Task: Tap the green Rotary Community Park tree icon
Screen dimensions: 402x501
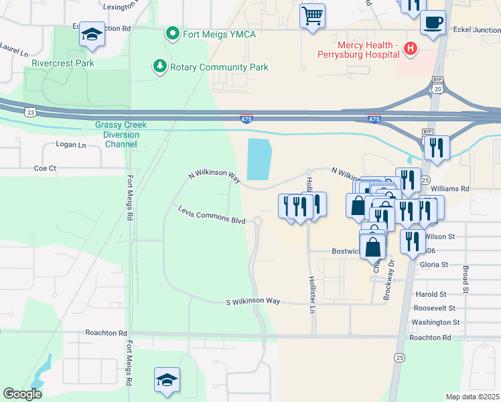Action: click(x=159, y=67)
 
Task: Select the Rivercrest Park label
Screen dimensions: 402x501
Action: click(x=62, y=63)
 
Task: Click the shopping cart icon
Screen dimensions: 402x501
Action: click(x=312, y=15)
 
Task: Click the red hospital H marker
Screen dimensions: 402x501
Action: click(x=411, y=49)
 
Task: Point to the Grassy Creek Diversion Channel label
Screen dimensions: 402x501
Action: click(x=121, y=134)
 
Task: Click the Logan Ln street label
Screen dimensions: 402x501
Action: click(x=72, y=145)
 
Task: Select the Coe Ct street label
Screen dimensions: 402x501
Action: click(x=45, y=168)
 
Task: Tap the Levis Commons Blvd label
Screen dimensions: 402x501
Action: click(x=211, y=215)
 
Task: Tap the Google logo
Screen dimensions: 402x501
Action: click(x=22, y=394)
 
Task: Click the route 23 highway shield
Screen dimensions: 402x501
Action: click(x=30, y=113)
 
